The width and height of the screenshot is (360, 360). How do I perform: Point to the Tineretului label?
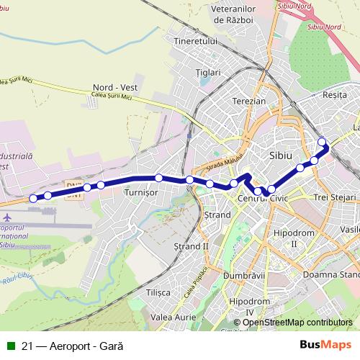pyautogui.click(x=195, y=42)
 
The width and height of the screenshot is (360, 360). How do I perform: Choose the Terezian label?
pyautogui.click(x=248, y=102)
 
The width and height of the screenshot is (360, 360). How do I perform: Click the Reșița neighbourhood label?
pyautogui.click(x=335, y=95)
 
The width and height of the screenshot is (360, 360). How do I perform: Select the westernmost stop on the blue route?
pyautogui.click(x=33, y=198)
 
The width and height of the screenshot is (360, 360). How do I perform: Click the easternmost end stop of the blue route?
pyautogui.click(x=322, y=142)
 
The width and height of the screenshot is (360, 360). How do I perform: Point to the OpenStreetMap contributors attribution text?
pyautogui.click(x=297, y=323)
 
